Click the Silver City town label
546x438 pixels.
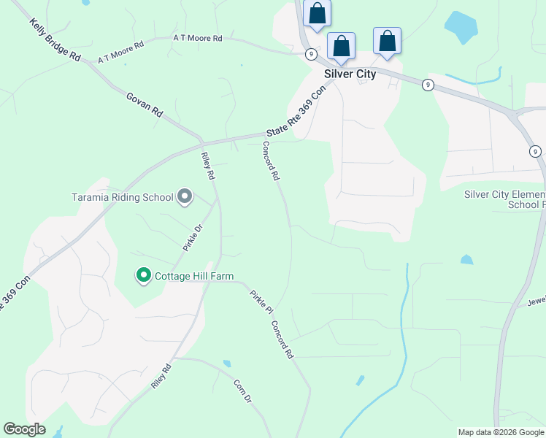(x=350, y=74)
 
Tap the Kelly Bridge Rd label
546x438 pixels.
(x=55, y=40)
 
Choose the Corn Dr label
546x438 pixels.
(x=242, y=391)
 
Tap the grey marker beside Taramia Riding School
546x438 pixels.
(x=185, y=196)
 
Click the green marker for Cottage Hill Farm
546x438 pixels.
(x=144, y=275)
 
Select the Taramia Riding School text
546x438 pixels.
(x=123, y=197)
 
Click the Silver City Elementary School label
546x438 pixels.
(x=505, y=199)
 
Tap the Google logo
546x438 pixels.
(x=24, y=429)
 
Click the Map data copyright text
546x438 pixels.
(x=501, y=432)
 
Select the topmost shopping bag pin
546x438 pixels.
(x=317, y=13)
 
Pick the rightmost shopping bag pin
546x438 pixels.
(x=387, y=41)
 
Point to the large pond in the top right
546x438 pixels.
(x=462, y=28)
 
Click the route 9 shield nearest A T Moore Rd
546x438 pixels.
(x=311, y=53)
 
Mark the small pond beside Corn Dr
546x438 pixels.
(x=227, y=363)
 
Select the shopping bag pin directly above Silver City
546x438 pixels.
(x=341, y=46)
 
